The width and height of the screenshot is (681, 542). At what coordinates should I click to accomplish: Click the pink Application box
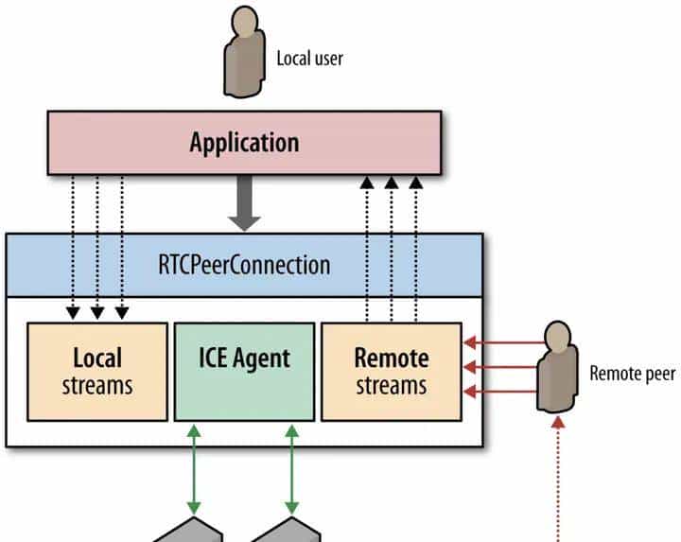244,143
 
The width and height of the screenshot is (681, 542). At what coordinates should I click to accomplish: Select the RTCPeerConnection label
245,263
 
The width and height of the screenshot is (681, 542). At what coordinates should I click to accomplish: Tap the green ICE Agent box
244,371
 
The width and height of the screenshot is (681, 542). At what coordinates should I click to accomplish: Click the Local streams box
96,371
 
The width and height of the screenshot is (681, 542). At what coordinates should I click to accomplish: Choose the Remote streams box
392,371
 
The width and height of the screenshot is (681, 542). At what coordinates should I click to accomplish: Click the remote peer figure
557,369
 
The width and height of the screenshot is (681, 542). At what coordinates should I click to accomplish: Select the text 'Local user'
309,59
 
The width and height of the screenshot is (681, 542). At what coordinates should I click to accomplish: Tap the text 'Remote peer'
632,374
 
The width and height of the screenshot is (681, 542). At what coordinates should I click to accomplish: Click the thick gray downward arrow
246,204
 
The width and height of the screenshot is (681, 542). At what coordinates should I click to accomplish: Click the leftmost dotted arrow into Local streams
72,246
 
